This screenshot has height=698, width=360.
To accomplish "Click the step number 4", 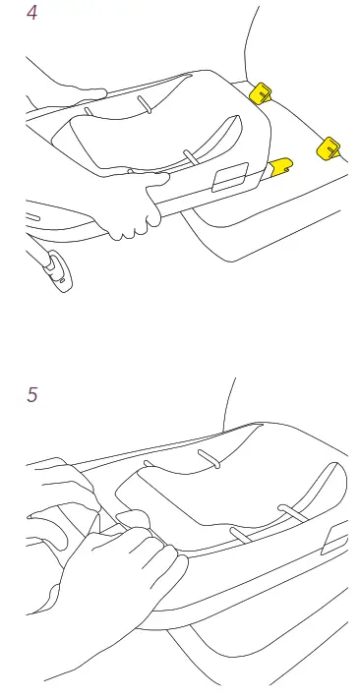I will [31, 16].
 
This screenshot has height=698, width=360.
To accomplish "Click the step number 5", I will [31, 395].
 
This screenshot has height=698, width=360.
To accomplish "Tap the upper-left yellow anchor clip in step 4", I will [262, 93].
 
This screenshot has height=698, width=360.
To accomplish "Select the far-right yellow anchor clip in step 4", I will [328, 147].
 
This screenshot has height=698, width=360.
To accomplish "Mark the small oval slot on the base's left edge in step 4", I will [31, 216].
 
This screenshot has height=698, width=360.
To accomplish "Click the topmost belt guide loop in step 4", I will [144, 105].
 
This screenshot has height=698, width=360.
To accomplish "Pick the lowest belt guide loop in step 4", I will [187, 156].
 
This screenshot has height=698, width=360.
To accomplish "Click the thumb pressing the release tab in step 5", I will [128, 521].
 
